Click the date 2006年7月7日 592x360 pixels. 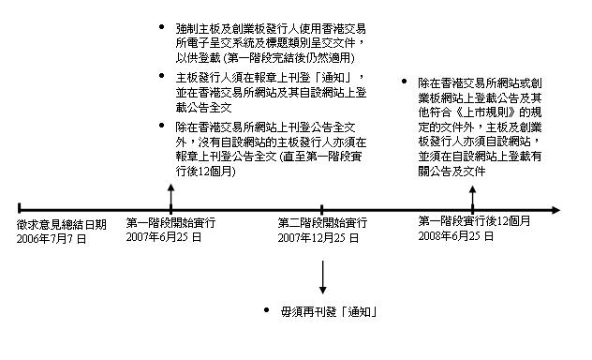tap(52, 239)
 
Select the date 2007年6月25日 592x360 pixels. tap(164, 237)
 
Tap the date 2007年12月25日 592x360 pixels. tap(318, 237)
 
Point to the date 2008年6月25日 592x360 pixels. tap(455, 236)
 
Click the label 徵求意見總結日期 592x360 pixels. tap(62, 224)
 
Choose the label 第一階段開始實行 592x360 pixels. tap(170, 222)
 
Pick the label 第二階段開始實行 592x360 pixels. tap(322, 222)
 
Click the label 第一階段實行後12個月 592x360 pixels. tap(474, 221)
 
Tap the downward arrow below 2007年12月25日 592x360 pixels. tap(322, 277)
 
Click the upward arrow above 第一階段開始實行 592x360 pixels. tap(171, 197)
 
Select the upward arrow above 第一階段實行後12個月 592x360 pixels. tap(472, 198)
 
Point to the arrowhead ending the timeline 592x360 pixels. tap(556, 210)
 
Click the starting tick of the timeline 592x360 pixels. tap(20, 208)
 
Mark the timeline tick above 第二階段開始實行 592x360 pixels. tap(321, 209)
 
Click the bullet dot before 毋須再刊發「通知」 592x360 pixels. tap(267, 310)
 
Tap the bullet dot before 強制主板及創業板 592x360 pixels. tap(162, 27)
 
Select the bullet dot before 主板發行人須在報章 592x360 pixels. tap(162, 76)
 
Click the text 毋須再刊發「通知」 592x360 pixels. tap(329, 311)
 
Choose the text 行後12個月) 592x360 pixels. tap(205, 172)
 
